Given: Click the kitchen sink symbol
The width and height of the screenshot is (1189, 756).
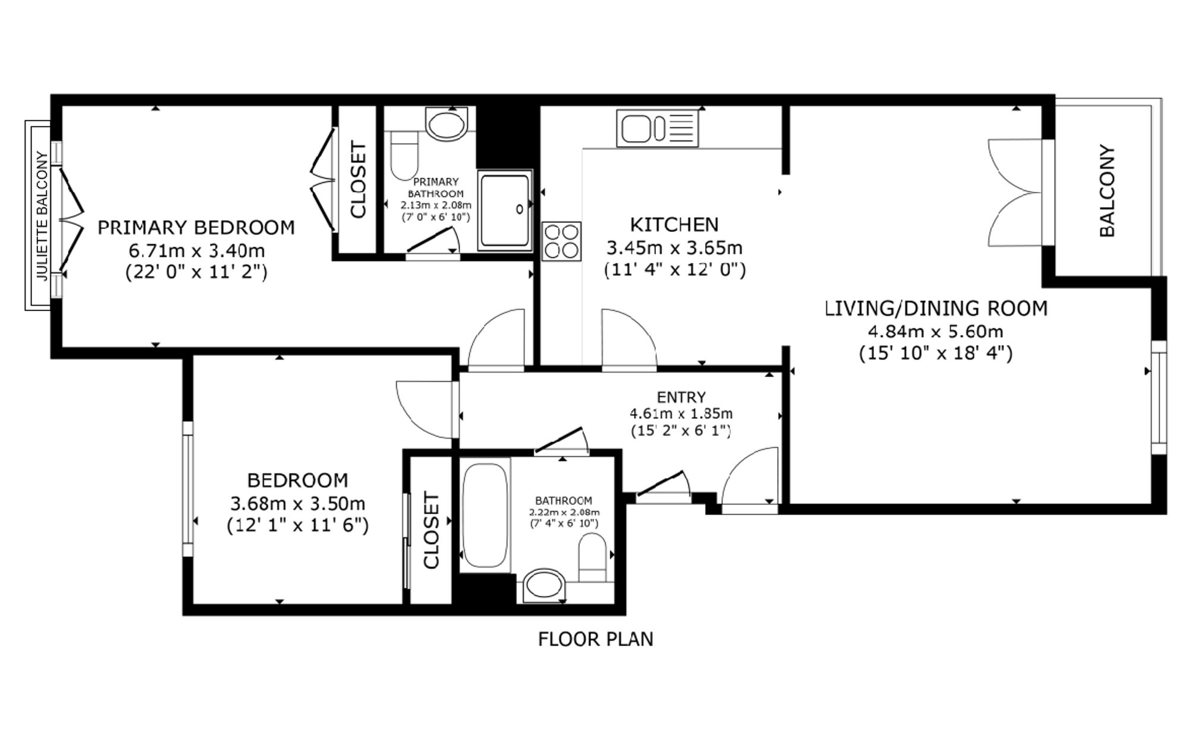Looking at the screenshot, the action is pos(658,128).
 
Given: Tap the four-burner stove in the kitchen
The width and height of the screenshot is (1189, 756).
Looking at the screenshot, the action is pos(561,241).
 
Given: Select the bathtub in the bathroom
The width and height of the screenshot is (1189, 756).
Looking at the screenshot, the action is pos(486,515).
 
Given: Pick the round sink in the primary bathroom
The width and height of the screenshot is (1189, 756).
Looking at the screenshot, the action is pos(446,124).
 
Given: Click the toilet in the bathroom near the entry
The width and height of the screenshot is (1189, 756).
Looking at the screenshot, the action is pos(592,557).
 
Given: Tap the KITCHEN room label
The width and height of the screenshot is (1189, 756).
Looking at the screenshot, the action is pos(674,224).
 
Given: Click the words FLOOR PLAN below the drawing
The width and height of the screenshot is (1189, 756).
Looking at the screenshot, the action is pos(596,639).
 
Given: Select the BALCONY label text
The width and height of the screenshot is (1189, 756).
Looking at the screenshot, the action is pos(1107,190).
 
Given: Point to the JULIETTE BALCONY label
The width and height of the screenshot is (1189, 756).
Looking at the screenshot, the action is pos(42,215).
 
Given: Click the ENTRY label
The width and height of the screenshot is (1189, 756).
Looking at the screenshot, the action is pos(681,397).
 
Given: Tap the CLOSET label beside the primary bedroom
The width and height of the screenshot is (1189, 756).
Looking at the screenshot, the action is pos(358,179).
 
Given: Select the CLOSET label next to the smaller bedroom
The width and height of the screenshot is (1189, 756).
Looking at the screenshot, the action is pos(431,530).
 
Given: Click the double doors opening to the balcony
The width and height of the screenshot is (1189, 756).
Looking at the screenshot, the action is pos(1015,193).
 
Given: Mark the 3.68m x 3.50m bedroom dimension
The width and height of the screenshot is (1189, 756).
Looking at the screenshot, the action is pos(298,503).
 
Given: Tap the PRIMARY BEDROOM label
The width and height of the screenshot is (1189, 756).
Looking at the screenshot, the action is pos(196,227).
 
